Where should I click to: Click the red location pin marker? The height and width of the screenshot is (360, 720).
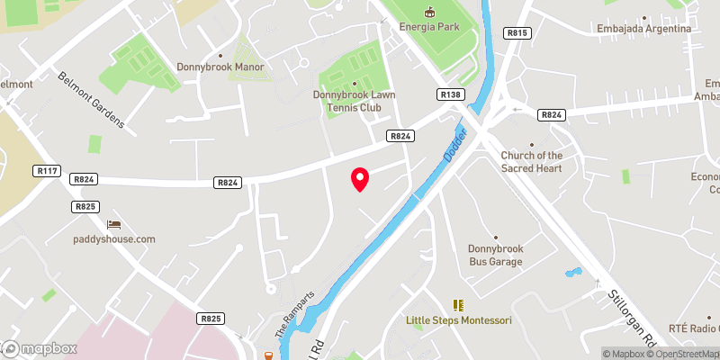click(x=360, y=179)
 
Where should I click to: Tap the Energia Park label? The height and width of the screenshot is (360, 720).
click(x=430, y=27)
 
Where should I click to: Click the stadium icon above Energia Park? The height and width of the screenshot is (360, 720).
click(x=429, y=12)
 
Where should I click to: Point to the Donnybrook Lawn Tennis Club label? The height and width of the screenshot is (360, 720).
click(x=354, y=101)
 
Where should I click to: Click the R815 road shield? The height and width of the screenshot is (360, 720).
click(x=517, y=33)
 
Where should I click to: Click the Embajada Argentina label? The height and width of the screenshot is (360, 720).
click(x=643, y=29)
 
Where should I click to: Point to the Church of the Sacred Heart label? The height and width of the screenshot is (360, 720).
click(x=531, y=162)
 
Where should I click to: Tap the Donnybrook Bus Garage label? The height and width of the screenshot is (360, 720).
click(x=495, y=255)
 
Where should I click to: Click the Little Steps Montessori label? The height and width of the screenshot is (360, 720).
click(x=458, y=320)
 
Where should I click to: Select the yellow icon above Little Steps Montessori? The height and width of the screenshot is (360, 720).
click(x=457, y=305)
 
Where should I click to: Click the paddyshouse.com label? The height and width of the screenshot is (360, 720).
click(x=114, y=239)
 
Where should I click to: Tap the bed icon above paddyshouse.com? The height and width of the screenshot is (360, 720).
click(x=113, y=224)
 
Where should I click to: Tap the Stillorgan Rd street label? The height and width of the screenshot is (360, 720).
click(x=633, y=319)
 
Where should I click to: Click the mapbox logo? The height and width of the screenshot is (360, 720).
click(x=39, y=348)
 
